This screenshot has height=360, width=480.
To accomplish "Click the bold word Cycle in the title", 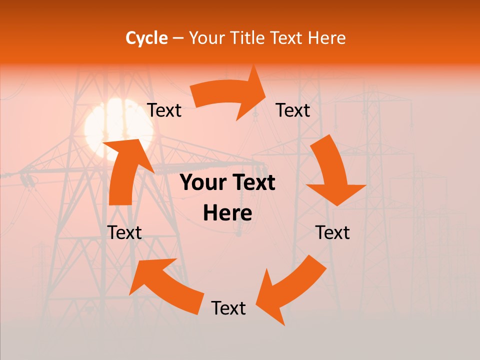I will pos(146,38).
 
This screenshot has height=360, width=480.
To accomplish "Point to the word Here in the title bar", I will pos(327,38).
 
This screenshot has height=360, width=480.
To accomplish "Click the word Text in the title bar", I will pos(287,38).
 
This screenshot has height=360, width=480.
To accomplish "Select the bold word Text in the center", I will pos(252,183).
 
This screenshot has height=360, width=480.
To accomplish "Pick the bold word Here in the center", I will pos(227,213).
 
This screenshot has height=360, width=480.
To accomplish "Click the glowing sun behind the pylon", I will pos(112,127).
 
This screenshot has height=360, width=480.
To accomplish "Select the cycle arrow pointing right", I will pos(230,95).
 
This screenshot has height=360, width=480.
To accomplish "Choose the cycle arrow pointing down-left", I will pos(290,290).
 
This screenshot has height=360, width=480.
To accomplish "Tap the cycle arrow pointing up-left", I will pos(165,285).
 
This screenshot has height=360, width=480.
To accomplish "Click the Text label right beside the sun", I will pos(164,110).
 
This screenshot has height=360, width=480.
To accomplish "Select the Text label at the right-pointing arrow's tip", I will pos(293,110).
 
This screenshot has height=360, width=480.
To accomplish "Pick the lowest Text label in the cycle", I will pos(228,308).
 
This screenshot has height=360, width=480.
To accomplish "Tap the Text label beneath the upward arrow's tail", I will pos(124,232).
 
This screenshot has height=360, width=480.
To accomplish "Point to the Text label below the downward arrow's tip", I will pos(332,232).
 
